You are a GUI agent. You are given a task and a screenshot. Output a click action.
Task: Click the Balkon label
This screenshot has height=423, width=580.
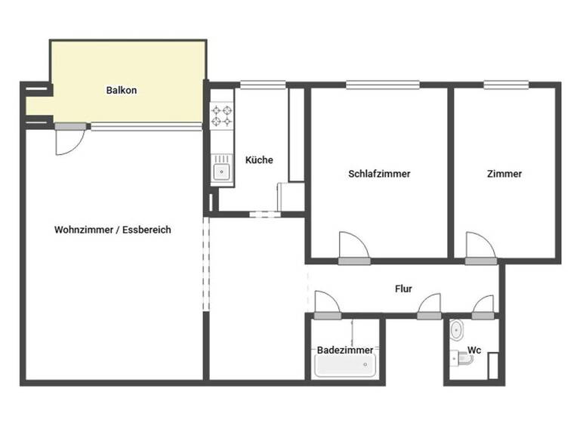pyautogui.click(x=122, y=91)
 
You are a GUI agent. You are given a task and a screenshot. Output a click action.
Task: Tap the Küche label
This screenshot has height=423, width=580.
pyautogui.click(x=259, y=160)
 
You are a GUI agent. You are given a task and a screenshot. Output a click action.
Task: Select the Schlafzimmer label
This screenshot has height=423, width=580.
pyautogui.click(x=379, y=174)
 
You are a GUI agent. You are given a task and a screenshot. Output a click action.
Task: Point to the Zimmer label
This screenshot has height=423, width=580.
pyautogui.click(x=504, y=174)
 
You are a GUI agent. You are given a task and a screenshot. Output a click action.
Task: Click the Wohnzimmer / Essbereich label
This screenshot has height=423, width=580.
pyautogui.click(x=113, y=230)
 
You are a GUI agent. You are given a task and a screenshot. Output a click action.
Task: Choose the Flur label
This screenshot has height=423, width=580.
pyautogui.click(x=403, y=289)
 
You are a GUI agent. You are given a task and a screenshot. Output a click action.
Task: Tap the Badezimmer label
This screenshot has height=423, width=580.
pyautogui.click(x=344, y=350)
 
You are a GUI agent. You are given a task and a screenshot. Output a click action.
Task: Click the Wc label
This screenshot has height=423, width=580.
pyautogui.click(x=474, y=350)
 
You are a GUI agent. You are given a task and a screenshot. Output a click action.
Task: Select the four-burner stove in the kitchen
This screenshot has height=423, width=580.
pyautogui.click(x=221, y=116)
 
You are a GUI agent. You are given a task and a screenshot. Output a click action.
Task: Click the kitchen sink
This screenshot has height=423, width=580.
pyautogui.click(x=221, y=171)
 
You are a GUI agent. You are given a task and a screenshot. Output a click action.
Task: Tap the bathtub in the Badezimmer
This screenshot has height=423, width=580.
pyautogui.click(x=344, y=368)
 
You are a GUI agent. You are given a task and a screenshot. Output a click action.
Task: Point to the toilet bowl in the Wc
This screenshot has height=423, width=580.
pyautogui.click(x=456, y=331)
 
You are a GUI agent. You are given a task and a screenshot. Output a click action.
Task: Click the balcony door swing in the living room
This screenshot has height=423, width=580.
pyautogui.click(x=68, y=140)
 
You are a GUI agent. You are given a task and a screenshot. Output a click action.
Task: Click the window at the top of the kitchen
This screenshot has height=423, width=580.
pyautogui.click(x=262, y=85)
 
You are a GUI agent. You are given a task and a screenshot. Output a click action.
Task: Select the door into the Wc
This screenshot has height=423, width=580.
pyautogui.click(x=483, y=306)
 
